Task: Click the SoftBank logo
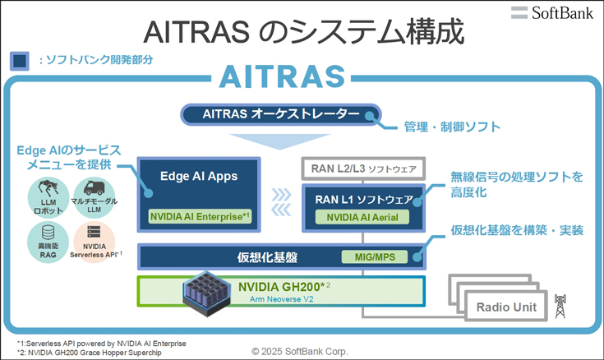coord(552,12)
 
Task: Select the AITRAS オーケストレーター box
coord(281,114)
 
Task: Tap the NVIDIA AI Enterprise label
coord(200,217)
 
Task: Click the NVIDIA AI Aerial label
coord(362,217)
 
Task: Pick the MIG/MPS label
coord(375,257)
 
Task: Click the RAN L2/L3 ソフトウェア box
coord(363,168)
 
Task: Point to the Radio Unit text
coord(506,307)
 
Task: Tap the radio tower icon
coord(560,307)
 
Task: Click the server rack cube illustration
coord(207,293)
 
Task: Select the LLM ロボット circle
coord(48,198)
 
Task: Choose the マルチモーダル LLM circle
coord(94,198)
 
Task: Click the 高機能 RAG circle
coord(48,242)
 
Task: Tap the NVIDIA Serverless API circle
coord(95,242)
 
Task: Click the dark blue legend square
coord(19,61)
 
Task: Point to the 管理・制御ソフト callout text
coord(452,127)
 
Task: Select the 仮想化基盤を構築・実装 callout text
coord(517,230)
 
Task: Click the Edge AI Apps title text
coord(199,176)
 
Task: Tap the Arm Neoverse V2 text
coord(281,299)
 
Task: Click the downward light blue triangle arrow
coord(280,141)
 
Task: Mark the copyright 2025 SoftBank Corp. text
coord(300,352)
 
